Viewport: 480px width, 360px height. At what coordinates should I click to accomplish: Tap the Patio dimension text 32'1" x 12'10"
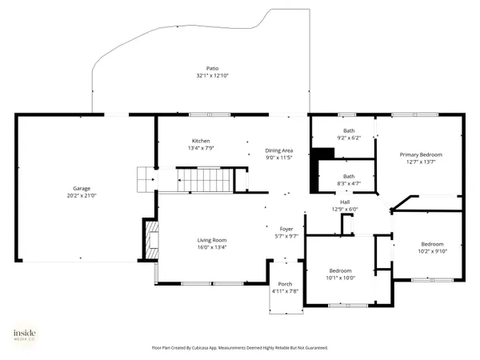coord(213,76)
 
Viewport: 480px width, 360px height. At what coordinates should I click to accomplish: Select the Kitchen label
coord(200,141)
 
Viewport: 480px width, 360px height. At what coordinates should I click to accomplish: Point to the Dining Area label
coord(279,150)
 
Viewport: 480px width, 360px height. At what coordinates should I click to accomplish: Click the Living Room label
coord(213,240)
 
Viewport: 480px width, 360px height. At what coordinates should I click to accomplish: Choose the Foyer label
coord(286,229)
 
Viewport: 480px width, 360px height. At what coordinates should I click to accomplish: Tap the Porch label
coord(285,285)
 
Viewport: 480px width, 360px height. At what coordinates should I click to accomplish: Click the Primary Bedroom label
coord(421,154)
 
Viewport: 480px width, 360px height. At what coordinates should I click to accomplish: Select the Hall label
coord(345,202)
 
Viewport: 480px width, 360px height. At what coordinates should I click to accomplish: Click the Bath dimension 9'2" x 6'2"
coord(349,138)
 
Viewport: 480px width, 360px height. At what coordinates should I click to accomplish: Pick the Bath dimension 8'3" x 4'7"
coord(349,183)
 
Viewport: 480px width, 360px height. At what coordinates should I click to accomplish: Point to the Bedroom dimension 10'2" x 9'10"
coord(432,251)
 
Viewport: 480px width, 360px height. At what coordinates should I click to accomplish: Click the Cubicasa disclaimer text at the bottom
coord(240,348)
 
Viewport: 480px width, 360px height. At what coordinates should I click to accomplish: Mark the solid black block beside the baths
coord(322,154)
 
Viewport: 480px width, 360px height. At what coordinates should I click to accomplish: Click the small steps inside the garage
coord(145,179)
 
